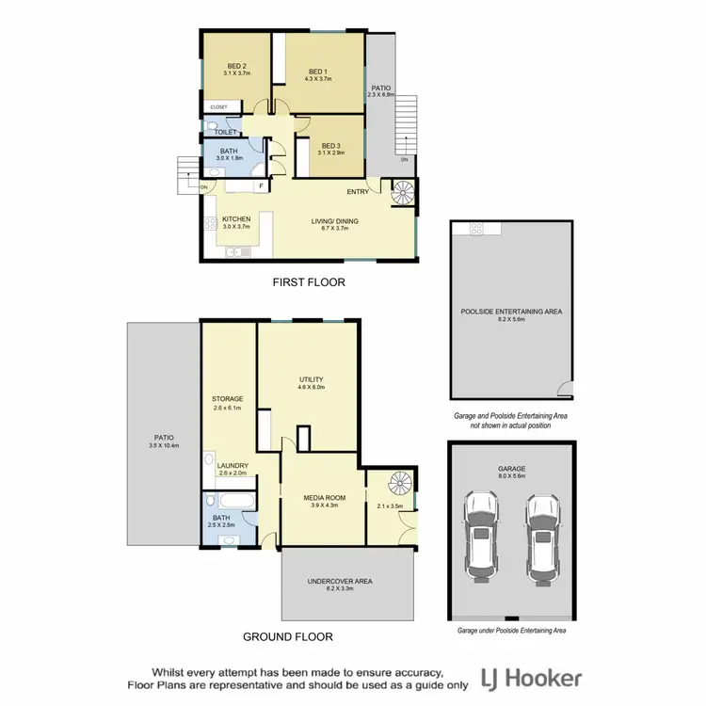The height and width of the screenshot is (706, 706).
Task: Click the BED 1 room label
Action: [x=318, y=71]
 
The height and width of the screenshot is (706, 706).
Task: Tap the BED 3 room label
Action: [x=329, y=145]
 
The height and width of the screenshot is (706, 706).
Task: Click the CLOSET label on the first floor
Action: [x=218, y=107]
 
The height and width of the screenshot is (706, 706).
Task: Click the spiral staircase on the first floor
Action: [x=402, y=193]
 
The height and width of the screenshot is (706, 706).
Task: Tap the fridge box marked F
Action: [x=259, y=186]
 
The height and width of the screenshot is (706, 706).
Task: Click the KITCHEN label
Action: [x=235, y=219]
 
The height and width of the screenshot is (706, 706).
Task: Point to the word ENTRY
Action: [x=358, y=192]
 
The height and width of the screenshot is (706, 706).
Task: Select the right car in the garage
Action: [x=541, y=538]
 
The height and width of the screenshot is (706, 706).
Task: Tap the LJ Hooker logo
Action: [x=531, y=678]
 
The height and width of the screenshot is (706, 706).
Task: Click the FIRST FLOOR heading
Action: [x=309, y=281]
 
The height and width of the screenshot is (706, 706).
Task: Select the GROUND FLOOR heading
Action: [x=288, y=637]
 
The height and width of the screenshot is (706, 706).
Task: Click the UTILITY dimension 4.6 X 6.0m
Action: [x=311, y=386]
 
